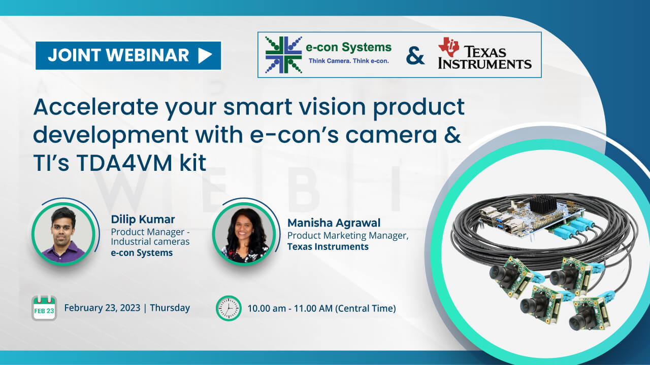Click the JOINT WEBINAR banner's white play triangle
[205, 55]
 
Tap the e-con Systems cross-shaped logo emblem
[283, 55]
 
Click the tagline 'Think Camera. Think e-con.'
[348, 61]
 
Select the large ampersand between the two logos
[415, 56]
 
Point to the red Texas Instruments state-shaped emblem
[448, 47]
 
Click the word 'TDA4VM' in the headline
[124, 163]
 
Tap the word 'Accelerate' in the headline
[96, 107]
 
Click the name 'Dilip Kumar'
[143, 220]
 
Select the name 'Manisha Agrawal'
[334, 223]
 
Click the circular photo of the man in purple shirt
[63, 234]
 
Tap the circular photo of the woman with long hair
[244, 234]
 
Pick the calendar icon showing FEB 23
[44, 308]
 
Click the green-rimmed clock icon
[229, 308]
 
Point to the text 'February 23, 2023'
[102, 308]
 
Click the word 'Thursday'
[170, 308]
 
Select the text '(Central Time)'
[366, 309]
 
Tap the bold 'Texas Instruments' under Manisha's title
[328, 246]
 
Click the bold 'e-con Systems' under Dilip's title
[142, 253]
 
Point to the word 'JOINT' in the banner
[74, 55]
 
